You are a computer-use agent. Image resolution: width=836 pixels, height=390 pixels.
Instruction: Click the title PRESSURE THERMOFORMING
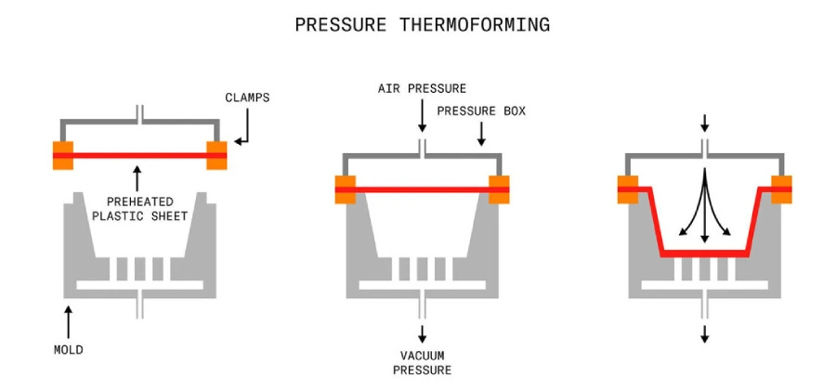[422, 25]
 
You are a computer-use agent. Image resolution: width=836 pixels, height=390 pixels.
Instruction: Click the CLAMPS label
[247, 97]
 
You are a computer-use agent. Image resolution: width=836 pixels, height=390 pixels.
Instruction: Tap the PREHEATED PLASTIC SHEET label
[138, 209]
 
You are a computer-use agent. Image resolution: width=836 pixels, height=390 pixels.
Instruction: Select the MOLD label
[68, 350]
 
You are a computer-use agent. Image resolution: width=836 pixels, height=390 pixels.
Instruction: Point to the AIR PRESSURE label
[422, 88]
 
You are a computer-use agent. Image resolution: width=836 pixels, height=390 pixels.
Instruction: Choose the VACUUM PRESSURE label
[422, 363]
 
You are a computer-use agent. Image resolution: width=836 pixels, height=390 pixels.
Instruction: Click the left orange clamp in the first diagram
[62, 155]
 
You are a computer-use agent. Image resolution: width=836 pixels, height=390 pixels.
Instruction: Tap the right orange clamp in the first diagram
[216, 155]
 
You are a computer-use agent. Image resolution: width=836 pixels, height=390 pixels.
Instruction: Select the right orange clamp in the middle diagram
[499, 188]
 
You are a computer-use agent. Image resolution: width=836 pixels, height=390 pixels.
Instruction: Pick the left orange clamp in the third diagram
[628, 188]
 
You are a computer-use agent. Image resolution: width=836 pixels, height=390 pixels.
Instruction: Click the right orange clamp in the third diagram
[781, 188]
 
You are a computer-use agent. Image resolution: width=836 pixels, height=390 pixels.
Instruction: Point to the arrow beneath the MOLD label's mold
[68, 320]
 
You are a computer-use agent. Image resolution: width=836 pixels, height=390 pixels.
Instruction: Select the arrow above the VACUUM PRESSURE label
[422, 333]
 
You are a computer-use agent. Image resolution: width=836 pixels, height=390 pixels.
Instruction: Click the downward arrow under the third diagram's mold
[704, 333]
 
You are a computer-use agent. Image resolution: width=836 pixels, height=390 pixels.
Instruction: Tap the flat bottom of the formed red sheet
[704, 253]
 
